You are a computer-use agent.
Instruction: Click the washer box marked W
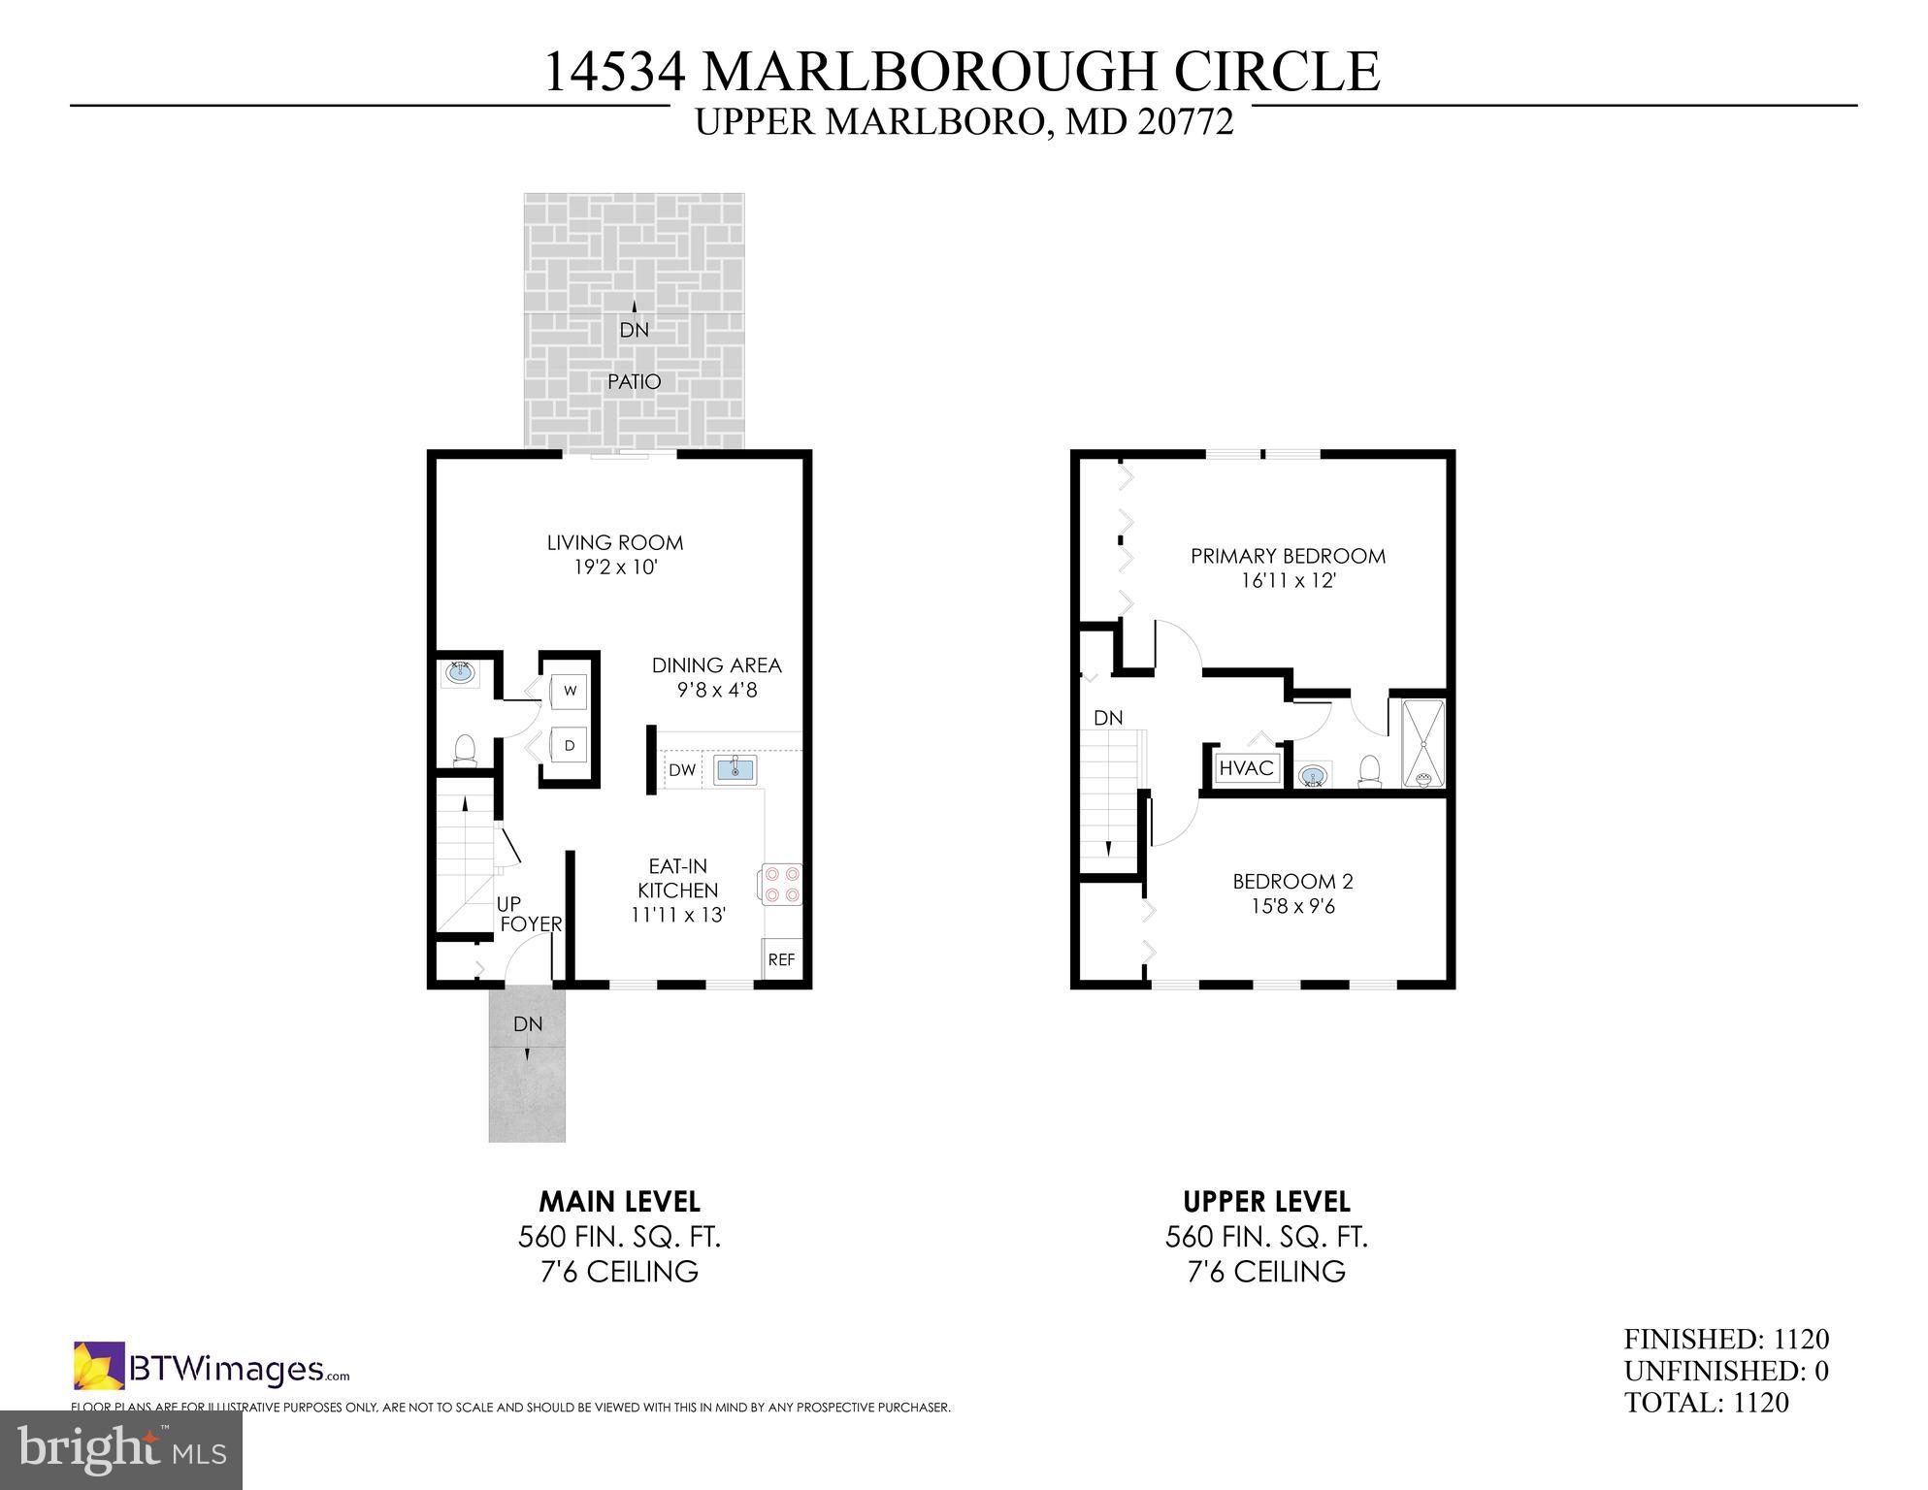click(x=570, y=691)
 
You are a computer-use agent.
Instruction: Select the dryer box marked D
click(x=570, y=746)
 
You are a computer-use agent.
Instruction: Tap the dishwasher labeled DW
click(x=682, y=770)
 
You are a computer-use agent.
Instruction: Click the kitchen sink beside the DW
click(x=735, y=770)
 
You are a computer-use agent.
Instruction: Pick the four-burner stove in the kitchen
click(x=781, y=884)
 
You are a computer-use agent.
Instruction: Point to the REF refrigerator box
click(x=781, y=959)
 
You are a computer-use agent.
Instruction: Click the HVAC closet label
click(x=1246, y=768)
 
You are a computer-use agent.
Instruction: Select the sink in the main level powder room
click(x=460, y=671)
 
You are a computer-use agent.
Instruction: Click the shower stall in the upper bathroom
click(x=1423, y=743)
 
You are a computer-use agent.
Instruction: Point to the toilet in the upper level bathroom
click(x=1369, y=771)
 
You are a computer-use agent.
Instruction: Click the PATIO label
click(x=634, y=382)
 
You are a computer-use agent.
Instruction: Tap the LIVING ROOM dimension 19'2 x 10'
click(x=615, y=567)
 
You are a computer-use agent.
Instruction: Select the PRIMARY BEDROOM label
click(x=1288, y=556)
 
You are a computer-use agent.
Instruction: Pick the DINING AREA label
click(x=716, y=665)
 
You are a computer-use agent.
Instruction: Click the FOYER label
click(x=531, y=924)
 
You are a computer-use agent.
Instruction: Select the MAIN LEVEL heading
click(x=619, y=1202)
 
